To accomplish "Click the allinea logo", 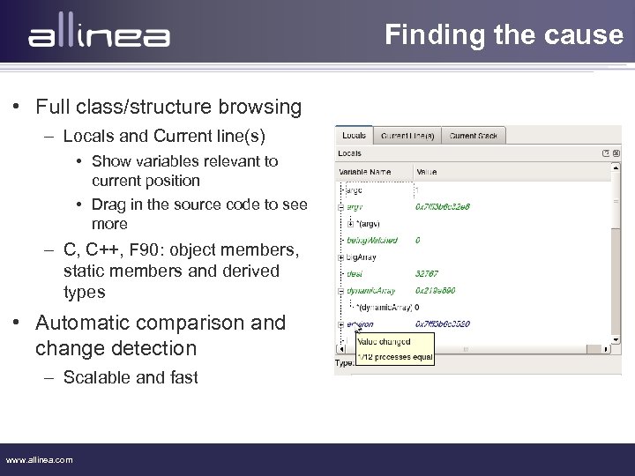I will coord(98,37).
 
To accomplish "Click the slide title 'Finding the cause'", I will coord(504,35).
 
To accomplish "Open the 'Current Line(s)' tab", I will coord(407,136).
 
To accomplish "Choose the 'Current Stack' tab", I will coord(474,136).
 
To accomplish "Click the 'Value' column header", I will coord(427,173).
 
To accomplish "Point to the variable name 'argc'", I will coord(353,190).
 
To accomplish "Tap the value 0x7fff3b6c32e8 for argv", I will coord(443,206).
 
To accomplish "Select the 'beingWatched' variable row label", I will coord(371,240).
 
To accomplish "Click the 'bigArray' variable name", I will coord(362,257).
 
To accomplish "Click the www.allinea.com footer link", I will coord(40,459).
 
